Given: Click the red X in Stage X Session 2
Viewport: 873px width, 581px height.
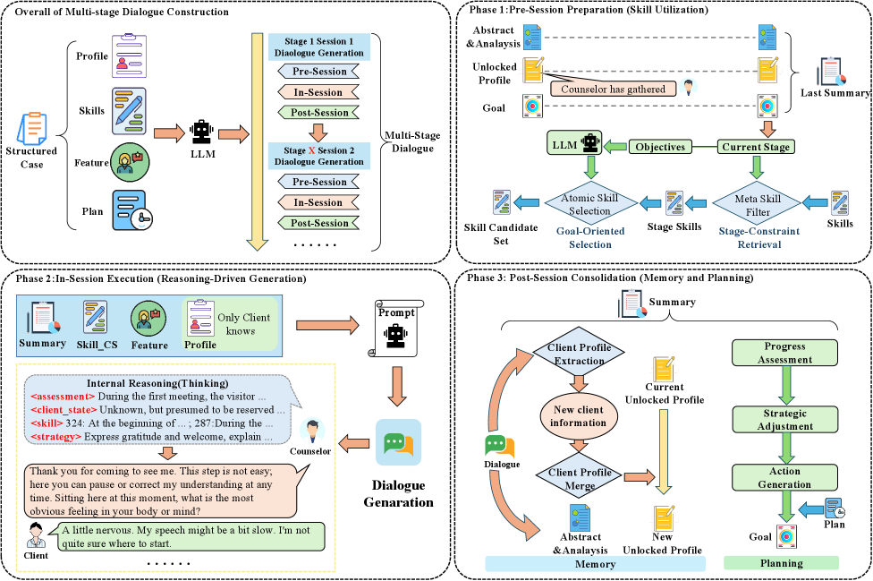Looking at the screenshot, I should click(311, 150).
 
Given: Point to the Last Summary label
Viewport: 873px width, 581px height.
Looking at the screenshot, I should click(835, 93).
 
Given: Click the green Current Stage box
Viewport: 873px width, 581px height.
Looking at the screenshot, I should click(755, 146).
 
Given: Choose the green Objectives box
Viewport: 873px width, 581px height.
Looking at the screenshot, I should click(660, 146).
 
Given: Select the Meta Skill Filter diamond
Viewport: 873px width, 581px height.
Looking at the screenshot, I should click(758, 204).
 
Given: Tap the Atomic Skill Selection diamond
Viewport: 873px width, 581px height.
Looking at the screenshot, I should click(590, 204).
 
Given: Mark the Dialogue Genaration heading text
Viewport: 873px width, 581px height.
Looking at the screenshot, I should click(398, 493).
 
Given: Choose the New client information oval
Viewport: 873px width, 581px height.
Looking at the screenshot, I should click(580, 416).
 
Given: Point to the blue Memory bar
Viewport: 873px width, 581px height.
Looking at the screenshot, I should click(596, 564).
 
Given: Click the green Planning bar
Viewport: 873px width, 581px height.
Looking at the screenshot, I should click(781, 563).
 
